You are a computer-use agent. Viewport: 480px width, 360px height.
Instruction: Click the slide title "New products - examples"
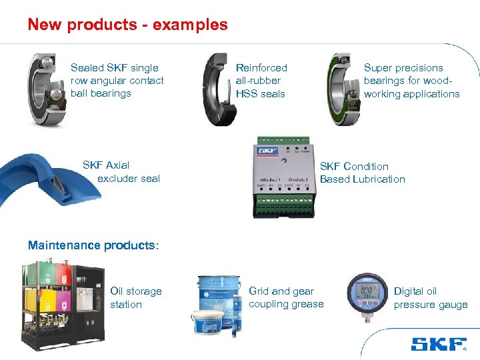(127, 25)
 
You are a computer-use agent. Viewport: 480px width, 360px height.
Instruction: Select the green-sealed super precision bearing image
(344, 88)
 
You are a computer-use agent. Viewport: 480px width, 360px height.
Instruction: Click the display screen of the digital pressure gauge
(368, 292)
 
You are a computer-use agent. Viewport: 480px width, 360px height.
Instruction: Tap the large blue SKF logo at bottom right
(438, 344)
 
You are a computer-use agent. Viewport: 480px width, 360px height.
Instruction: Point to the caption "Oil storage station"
(135, 298)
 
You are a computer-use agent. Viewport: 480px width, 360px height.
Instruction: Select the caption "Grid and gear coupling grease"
(285, 298)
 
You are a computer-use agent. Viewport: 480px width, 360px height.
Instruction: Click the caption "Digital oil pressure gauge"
(430, 298)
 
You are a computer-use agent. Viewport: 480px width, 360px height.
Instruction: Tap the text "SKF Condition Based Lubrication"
(362, 173)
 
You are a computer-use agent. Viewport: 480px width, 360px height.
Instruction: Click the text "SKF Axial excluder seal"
(121, 172)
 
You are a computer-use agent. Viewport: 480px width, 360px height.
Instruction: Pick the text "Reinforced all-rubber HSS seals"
(261, 81)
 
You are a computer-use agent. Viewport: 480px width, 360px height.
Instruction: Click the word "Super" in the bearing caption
(377, 68)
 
